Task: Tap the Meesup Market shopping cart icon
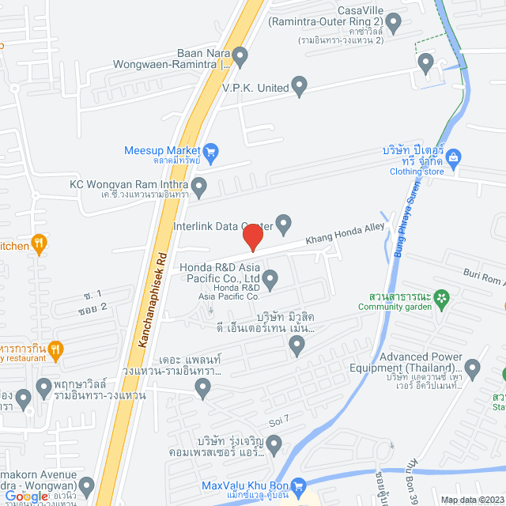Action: point(210,150)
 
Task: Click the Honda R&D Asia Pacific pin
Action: point(270,278)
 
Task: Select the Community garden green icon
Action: point(442,297)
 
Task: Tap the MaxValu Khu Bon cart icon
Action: point(298,485)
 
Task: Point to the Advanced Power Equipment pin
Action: point(473,368)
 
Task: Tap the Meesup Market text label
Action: point(163,150)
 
